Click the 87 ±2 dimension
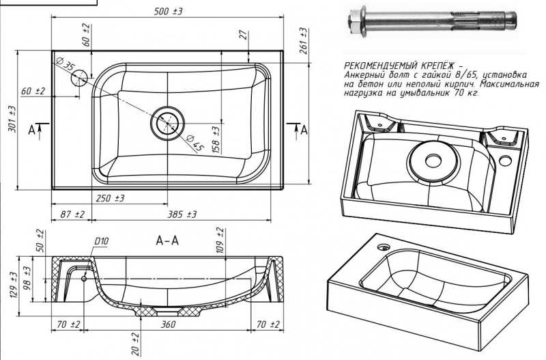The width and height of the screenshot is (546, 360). [72, 214]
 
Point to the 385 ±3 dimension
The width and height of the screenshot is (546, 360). [182, 214]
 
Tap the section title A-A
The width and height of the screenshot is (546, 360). [167, 240]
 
